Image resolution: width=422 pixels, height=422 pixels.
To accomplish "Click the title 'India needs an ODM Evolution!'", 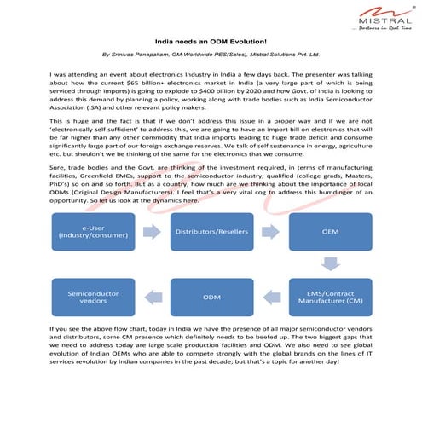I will (211, 40).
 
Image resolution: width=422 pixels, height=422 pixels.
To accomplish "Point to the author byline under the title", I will (211, 53).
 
